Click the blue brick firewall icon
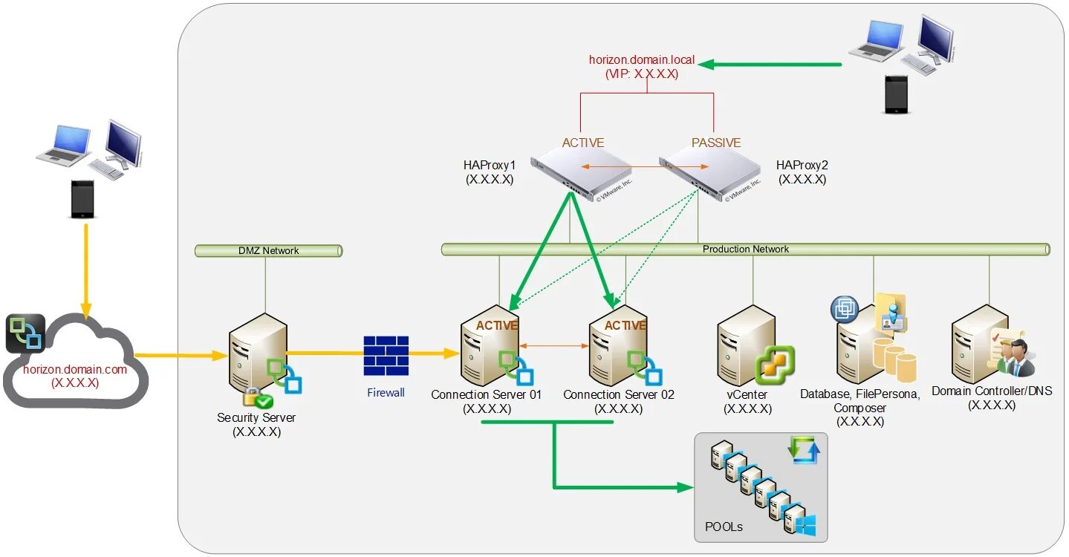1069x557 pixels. tap(386, 356)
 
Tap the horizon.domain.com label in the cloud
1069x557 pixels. tap(75, 369)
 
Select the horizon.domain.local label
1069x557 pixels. tap(642, 59)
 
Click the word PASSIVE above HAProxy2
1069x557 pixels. tap(716, 143)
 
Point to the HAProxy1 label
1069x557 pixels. tap(489, 165)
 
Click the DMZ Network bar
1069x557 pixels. tap(269, 251)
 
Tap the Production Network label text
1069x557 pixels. tap(745, 249)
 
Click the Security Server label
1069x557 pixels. tap(256, 417)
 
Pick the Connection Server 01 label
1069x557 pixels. tap(486, 395)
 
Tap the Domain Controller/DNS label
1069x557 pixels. tap(992, 391)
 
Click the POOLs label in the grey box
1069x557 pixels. tap(724, 527)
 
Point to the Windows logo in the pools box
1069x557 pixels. tap(805, 525)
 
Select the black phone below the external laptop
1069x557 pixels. tap(83, 198)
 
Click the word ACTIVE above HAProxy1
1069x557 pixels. tap(582, 143)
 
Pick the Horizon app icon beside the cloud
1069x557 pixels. tap(25, 333)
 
